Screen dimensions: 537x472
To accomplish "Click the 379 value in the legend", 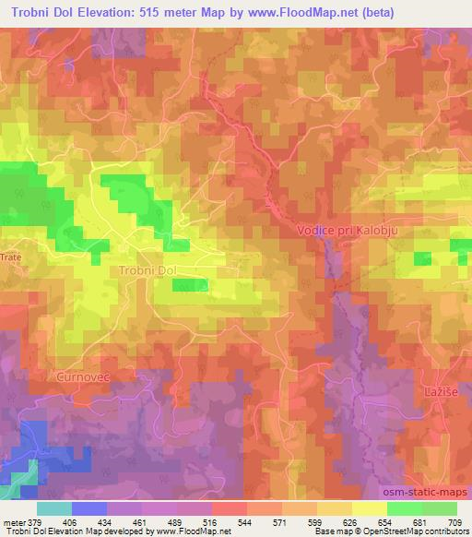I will (35, 522).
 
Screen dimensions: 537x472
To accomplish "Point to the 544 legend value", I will (245, 522).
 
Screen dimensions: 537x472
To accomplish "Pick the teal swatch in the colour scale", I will (53, 508).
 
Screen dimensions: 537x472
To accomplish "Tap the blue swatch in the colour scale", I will (88, 508).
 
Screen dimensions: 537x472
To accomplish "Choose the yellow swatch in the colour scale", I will (369, 508).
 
